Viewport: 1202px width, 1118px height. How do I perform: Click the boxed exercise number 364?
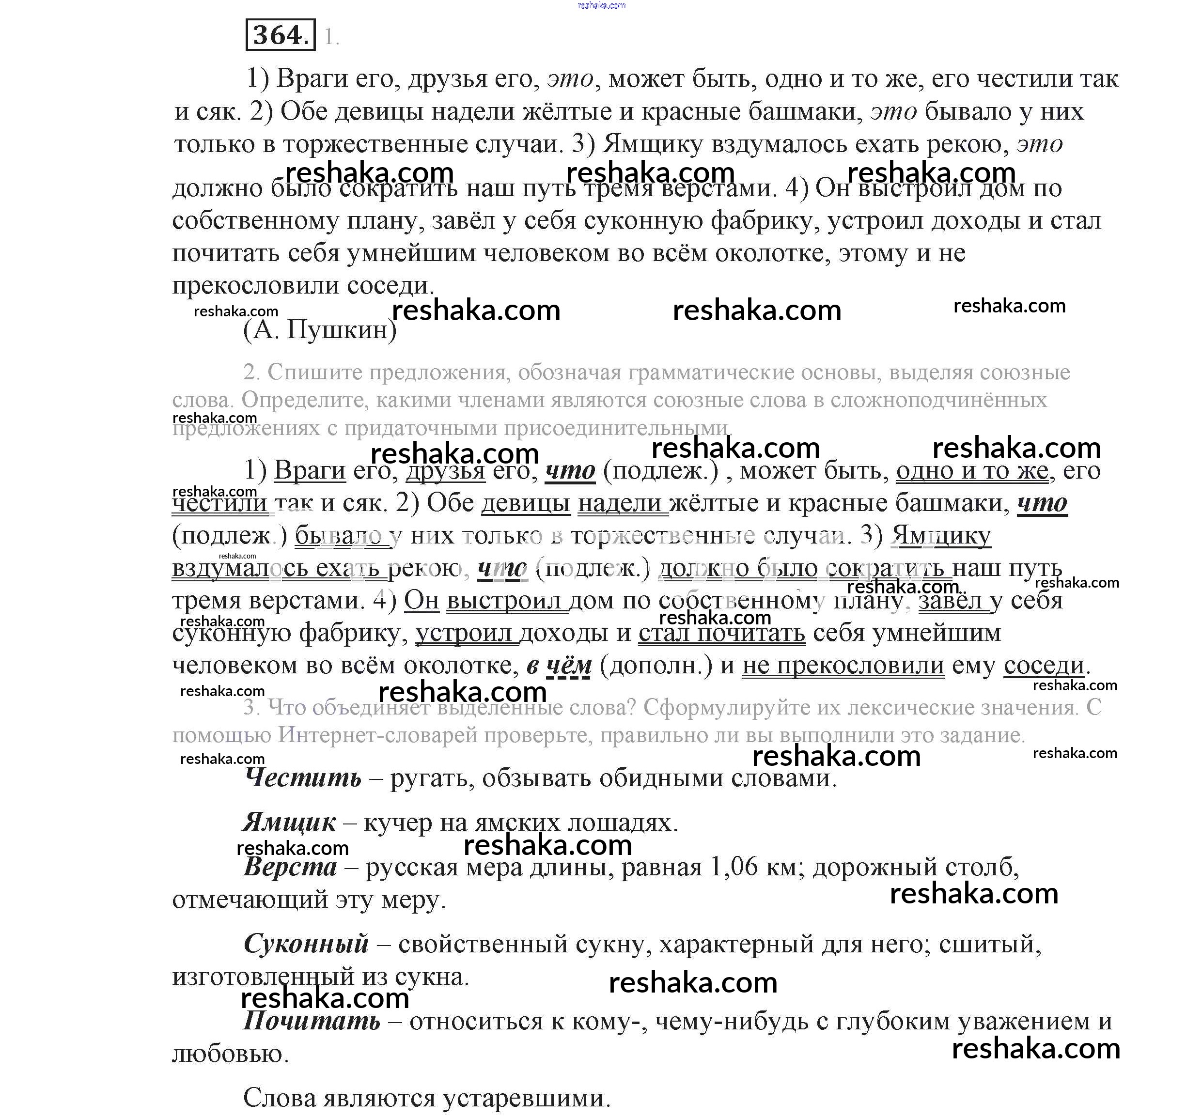click(281, 34)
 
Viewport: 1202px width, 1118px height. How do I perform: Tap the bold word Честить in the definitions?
click(303, 777)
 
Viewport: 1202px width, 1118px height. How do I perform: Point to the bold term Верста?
click(290, 867)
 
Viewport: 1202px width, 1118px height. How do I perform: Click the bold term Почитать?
click(312, 1021)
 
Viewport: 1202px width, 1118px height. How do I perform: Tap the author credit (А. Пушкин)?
click(320, 329)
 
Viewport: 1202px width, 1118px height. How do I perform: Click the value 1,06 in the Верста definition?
click(734, 867)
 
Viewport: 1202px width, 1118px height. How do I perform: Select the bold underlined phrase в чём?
click(559, 665)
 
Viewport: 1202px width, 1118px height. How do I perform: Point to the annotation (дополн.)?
click(656, 665)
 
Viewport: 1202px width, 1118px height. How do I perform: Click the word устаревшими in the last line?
click(526, 1098)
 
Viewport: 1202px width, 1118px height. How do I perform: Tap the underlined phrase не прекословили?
click(843, 665)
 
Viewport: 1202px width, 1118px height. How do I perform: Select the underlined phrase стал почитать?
click(722, 633)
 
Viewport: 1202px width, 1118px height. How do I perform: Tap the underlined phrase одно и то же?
click(972, 470)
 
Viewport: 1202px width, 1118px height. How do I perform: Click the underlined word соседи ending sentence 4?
click(1044, 665)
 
